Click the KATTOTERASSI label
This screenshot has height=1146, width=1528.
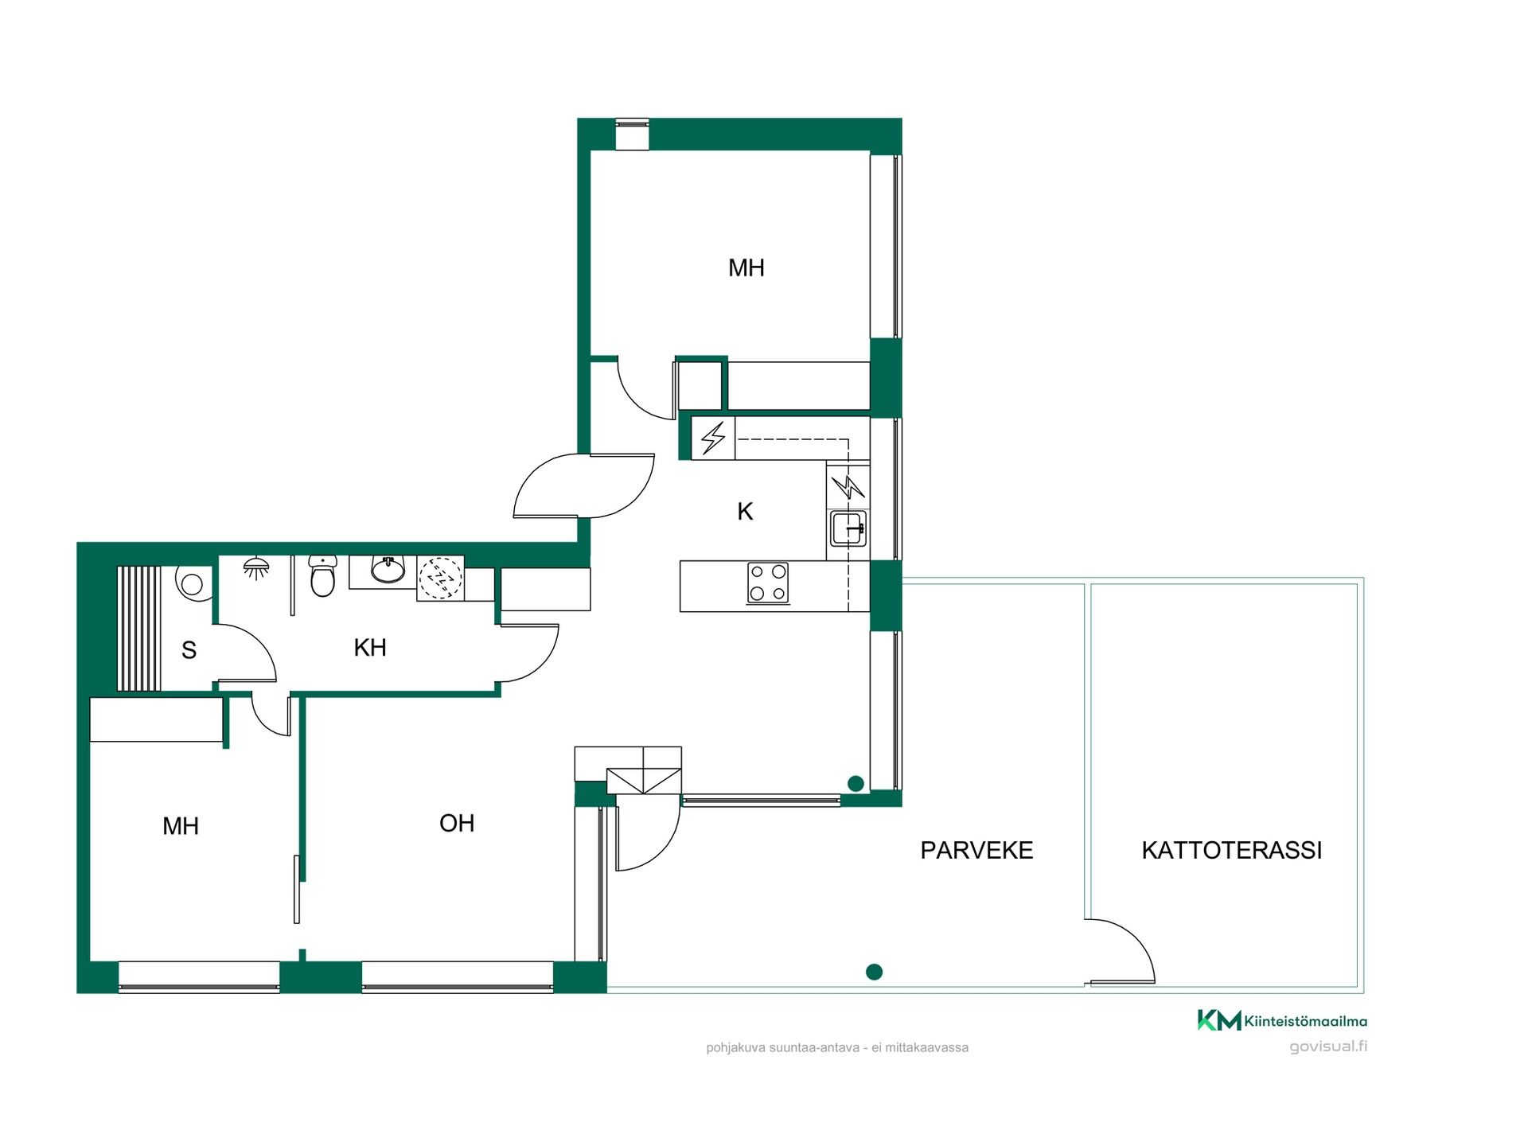[1231, 850]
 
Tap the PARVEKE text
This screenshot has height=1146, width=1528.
[976, 850]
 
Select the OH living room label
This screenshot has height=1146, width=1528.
[457, 823]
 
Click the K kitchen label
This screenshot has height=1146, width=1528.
[745, 512]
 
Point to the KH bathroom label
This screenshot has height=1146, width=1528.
[370, 648]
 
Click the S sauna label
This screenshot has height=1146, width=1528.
[189, 650]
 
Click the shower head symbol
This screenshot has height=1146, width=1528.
[255, 568]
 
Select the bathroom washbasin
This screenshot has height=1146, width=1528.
[388, 570]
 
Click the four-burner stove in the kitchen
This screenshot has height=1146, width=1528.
[768, 583]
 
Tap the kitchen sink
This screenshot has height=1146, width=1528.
[848, 528]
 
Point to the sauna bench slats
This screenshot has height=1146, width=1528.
[139, 628]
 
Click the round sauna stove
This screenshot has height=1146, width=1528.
[193, 584]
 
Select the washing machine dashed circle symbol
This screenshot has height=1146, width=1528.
[440, 578]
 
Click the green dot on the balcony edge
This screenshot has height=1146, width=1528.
[874, 972]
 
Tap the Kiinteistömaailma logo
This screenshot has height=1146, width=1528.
[1282, 1021]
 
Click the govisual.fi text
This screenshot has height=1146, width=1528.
[1328, 1047]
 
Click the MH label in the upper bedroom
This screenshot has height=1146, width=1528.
[746, 268]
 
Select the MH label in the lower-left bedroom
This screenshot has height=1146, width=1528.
[181, 826]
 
